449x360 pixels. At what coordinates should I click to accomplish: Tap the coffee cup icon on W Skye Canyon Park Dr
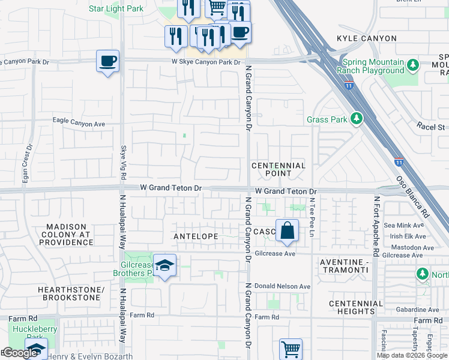[107, 61]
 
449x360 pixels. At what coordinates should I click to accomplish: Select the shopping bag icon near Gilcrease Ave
[288, 230]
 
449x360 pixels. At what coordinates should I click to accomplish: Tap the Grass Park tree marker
[357, 119]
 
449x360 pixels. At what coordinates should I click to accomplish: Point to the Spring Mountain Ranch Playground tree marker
[412, 65]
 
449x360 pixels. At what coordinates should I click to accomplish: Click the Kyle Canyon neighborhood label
[367, 38]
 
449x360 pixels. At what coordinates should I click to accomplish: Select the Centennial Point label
[279, 169]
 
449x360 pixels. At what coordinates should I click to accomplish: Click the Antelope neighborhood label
[196, 236]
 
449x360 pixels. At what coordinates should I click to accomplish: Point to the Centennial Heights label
[356, 307]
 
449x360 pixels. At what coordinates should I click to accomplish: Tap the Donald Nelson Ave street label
[282, 286]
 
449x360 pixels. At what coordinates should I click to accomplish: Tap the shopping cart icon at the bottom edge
[291, 349]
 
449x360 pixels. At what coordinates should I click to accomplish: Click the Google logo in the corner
[20, 353]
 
